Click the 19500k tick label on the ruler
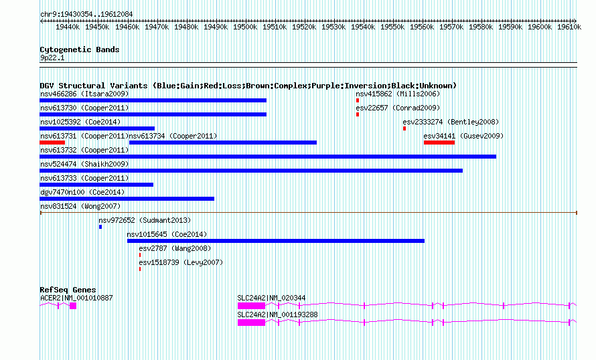pyautogui.click(x=246, y=27)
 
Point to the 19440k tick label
pyautogui.click(x=68, y=27)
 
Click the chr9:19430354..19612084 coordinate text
pyautogui.click(x=86, y=14)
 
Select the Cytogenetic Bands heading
pyautogui.click(x=79, y=50)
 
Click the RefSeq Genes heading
pyautogui.click(x=68, y=290)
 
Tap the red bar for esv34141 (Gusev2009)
pyautogui.click(x=439, y=143)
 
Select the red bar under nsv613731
pyautogui.click(x=52, y=143)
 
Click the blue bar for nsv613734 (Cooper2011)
pyautogui.click(x=222, y=143)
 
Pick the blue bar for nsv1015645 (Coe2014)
pyautogui.click(x=275, y=241)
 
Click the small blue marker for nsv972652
pyautogui.click(x=100, y=227)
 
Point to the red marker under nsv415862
pyautogui.click(x=358, y=100)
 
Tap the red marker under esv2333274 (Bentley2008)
pyautogui.click(x=404, y=128)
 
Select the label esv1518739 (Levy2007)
pyautogui.click(x=181, y=262)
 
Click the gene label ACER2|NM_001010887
pyautogui.click(x=76, y=298)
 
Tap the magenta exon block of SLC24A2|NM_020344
pyautogui.click(x=251, y=305)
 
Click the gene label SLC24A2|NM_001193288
pyautogui.click(x=277, y=314)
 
